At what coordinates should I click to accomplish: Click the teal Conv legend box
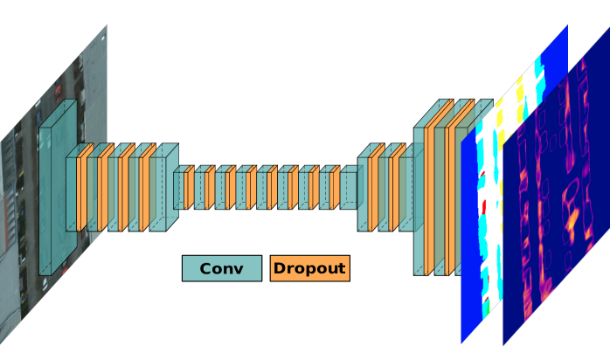[221, 268]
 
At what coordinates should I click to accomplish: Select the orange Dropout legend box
[309, 268]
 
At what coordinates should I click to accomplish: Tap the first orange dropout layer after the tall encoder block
[82, 191]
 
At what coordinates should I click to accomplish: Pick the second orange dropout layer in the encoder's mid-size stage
[103, 191]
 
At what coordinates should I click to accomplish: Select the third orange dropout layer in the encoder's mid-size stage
[124, 191]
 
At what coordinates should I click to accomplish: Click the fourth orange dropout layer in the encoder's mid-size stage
[145, 191]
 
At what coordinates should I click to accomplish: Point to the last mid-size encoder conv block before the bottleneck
[161, 190]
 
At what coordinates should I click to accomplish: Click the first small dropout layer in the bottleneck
[188, 189]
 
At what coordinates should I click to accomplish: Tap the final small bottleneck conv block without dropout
[349, 189]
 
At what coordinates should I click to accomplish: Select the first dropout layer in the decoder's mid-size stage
[374, 191]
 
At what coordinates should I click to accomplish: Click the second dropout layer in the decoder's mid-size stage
[395, 191]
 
